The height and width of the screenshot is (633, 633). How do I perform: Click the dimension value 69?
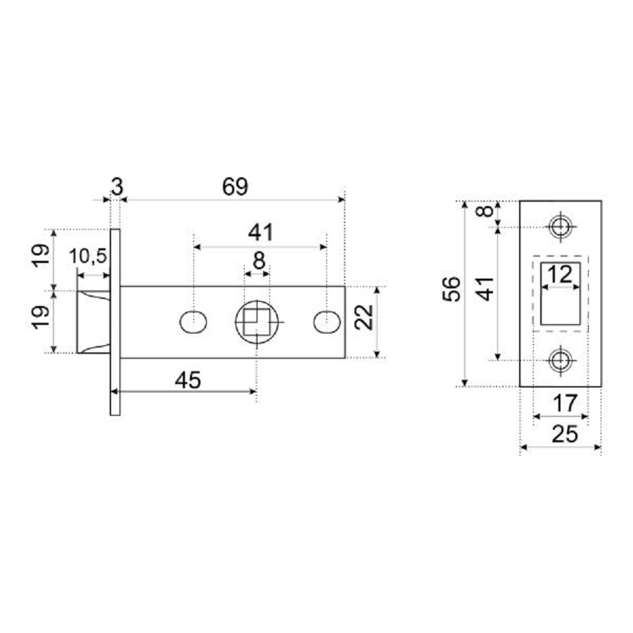tap(235, 187)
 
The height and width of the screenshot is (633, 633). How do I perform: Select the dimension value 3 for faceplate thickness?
tap(117, 187)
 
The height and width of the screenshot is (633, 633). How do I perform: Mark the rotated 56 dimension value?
tap(454, 289)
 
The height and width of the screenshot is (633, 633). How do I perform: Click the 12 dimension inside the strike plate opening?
tap(560, 275)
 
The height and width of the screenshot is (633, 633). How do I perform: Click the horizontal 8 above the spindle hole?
tap(258, 261)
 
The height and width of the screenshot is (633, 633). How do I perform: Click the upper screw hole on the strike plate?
tap(561, 227)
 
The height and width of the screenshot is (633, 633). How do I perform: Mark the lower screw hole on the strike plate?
tap(561, 359)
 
